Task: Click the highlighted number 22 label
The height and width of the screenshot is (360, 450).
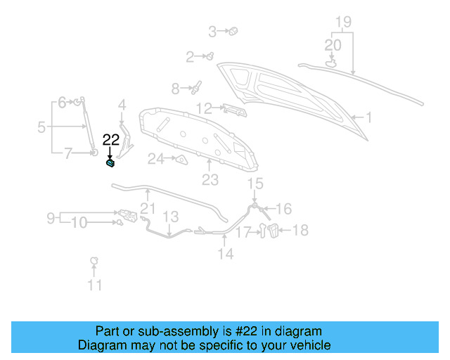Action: pos(110,140)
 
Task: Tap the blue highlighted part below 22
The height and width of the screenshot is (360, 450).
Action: pos(110,164)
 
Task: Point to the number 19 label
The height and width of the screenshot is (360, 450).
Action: pos(342,22)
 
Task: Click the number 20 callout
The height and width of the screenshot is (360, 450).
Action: pos(333,45)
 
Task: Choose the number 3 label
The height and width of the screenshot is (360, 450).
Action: pos(213,31)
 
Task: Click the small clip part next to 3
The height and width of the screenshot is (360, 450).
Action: pos(234,31)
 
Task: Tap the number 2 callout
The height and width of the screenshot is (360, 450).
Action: pos(190,57)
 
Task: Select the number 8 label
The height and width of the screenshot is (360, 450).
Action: pos(176,89)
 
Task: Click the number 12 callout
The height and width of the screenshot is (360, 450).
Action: pos(204,108)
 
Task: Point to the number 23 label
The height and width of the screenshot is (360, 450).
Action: pos(210,180)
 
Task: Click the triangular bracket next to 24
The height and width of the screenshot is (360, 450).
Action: pos(180,160)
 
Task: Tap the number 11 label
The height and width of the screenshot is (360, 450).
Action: pos(94,285)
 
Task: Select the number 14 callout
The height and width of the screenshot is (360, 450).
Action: pos(225,254)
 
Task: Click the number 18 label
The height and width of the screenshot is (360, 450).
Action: pos(300,230)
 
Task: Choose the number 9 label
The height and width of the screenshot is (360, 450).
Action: pos(51,219)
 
